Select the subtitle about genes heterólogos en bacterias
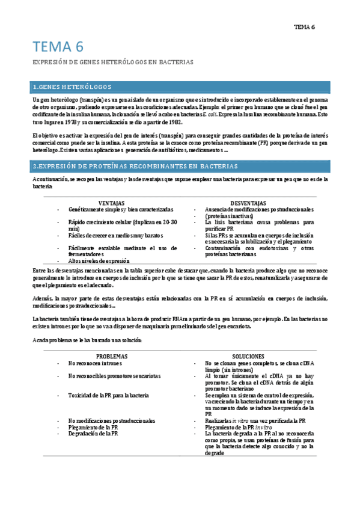tap(112, 62)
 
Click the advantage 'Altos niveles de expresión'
tap(99, 261)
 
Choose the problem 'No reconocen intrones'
tap(96, 363)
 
